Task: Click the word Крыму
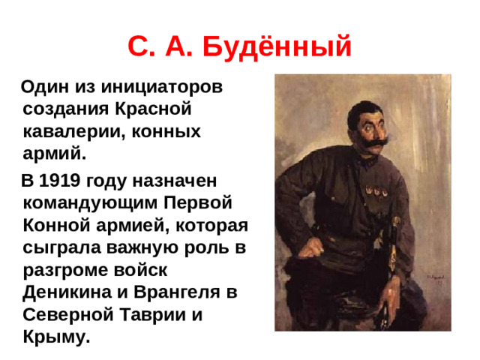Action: click(56, 337)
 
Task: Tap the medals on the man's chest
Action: click(375, 192)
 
